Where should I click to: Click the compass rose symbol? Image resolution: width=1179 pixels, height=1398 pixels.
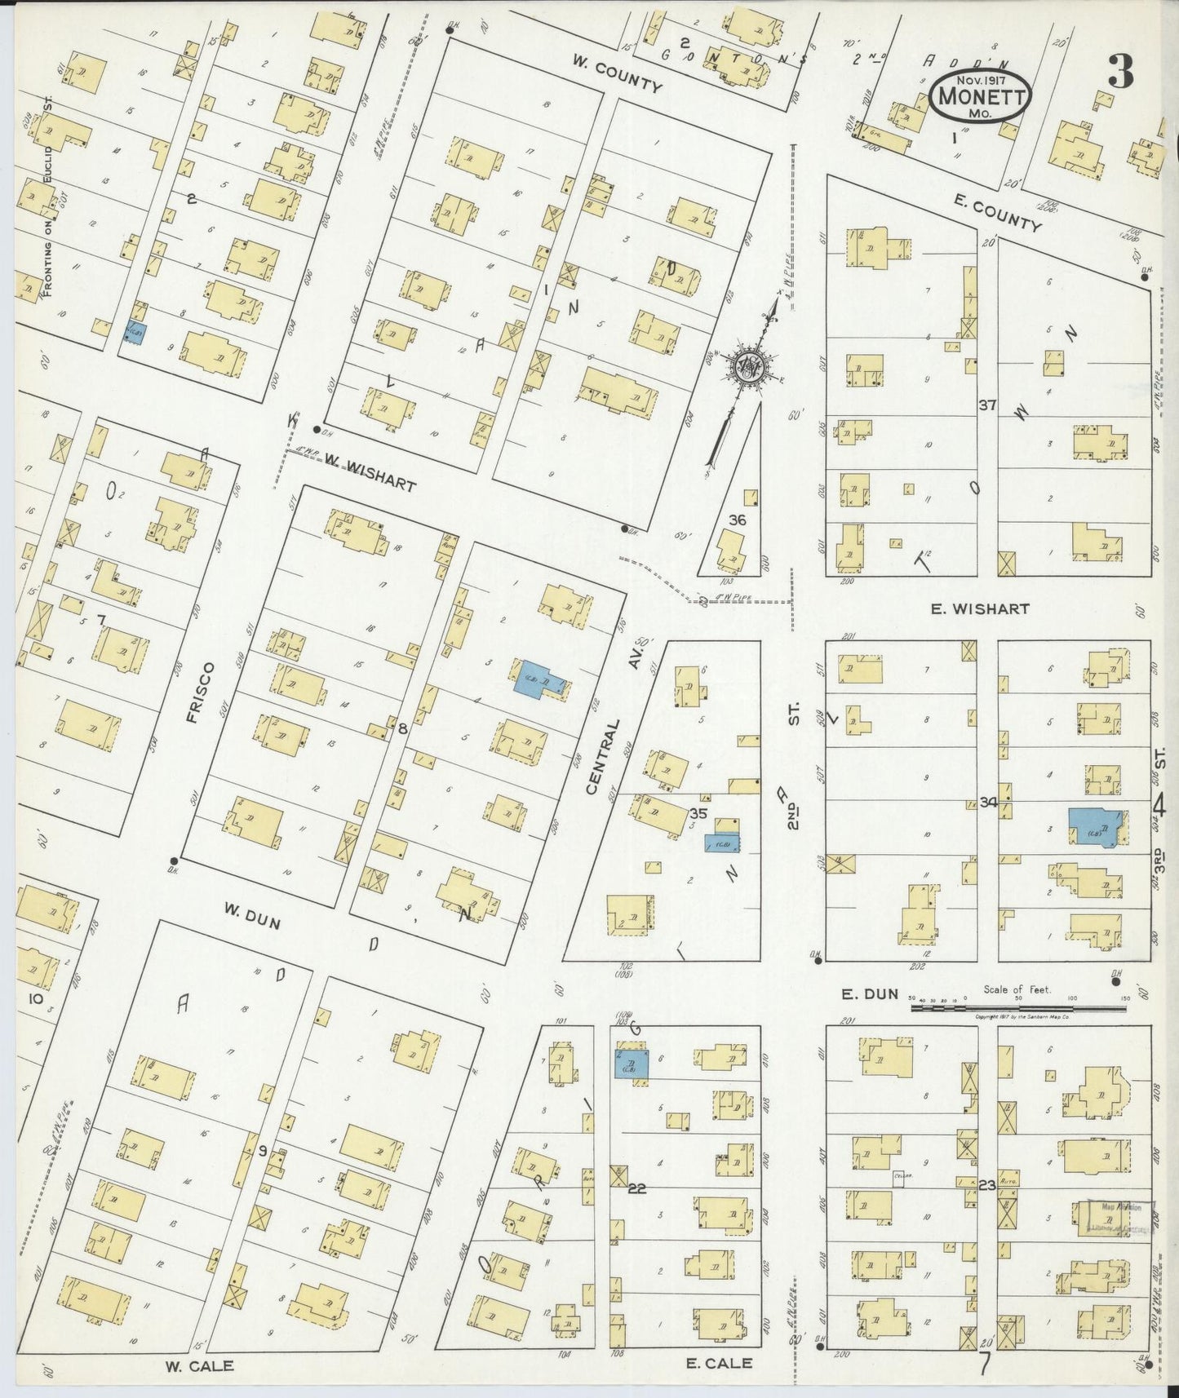click(746, 366)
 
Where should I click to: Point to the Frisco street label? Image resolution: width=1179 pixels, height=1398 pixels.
click(199, 692)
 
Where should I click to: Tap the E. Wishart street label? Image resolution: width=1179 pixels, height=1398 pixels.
click(991, 608)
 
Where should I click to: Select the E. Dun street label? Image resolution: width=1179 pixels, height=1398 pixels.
click(871, 993)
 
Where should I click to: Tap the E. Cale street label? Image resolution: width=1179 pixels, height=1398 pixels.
click(720, 1363)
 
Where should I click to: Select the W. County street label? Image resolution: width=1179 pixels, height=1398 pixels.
click(616, 73)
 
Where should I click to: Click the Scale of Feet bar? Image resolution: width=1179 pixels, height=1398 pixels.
click(1017, 1008)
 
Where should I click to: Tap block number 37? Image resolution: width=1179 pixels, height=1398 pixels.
click(987, 405)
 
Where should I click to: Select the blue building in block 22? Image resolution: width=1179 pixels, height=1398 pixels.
click(632, 1064)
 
